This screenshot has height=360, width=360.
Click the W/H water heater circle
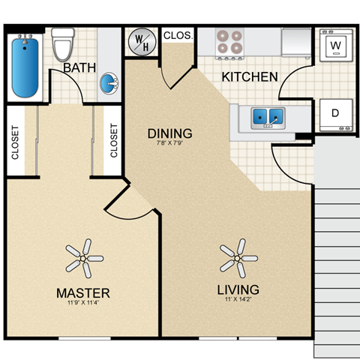[x=142, y=43]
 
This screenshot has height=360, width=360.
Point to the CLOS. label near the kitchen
[x=178, y=35]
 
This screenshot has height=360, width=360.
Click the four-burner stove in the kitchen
[x=229, y=41]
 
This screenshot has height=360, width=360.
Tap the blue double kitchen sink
[x=267, y=117]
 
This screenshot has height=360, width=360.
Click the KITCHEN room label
[x=250, y=76]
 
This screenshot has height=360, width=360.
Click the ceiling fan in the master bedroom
[x=82, y=257]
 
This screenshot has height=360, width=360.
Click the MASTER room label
[x=82, y=292]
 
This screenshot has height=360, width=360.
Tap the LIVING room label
[x=238, y=289]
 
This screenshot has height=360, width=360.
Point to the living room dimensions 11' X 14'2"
[x=238, y=300]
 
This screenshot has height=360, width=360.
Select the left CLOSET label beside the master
[x=15, y=141]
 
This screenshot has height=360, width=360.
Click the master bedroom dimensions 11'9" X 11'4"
[x=82, y=303]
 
